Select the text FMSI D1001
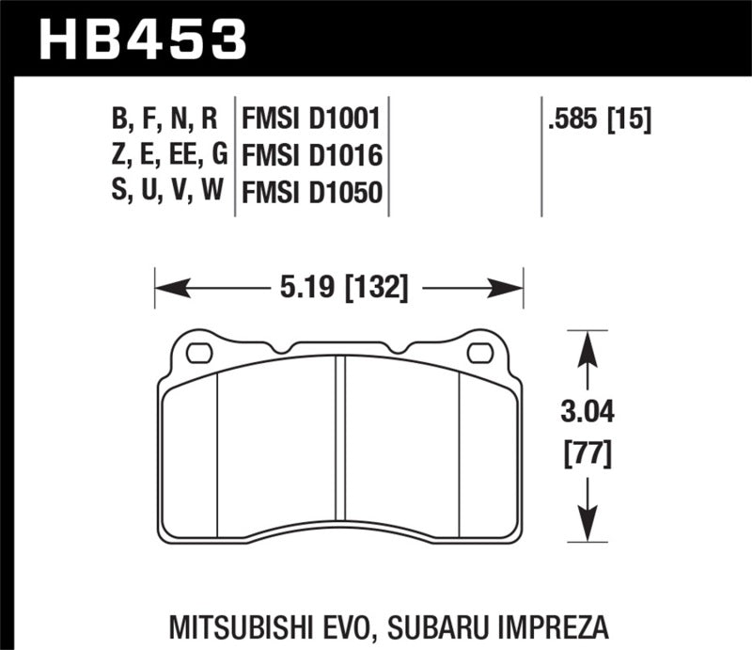tap(310, 119)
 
